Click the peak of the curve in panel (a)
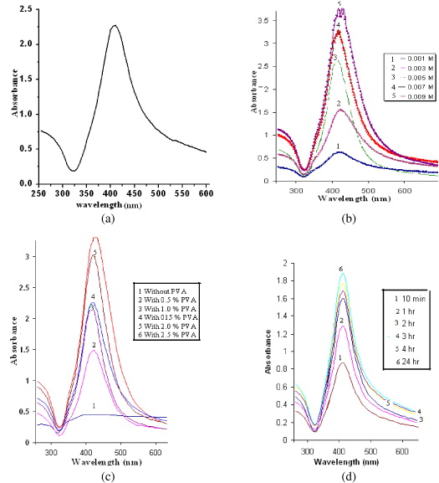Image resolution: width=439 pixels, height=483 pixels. tap(115, 26)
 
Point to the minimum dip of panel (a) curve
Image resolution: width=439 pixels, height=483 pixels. tap(74, 170)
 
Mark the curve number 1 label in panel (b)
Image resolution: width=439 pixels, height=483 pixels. tap(338, 146)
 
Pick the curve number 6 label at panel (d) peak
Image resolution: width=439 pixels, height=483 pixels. tap(341, 269)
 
